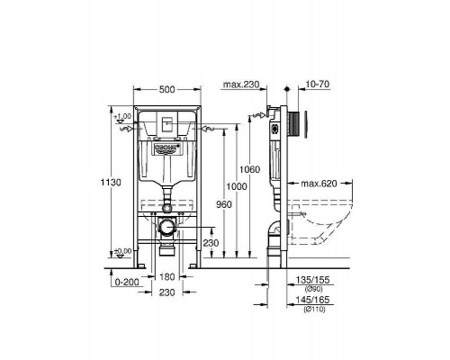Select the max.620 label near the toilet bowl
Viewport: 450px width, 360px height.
(x=320, y=184)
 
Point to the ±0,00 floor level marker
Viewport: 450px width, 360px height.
(x=123, y=251)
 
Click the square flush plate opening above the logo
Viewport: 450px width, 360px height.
(x=169, y=124)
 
